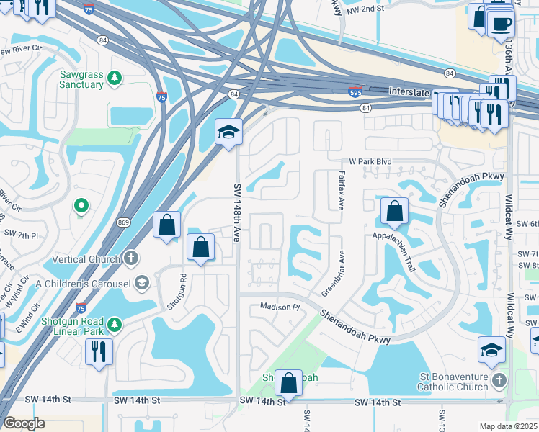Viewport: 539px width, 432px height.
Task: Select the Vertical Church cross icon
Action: (130, 258)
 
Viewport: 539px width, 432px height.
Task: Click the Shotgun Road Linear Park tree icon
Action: (114, 326)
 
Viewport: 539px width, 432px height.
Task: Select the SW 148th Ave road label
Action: (237, 213)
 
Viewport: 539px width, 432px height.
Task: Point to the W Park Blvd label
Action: (371, 162)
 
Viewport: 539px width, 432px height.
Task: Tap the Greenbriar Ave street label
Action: (334, 273)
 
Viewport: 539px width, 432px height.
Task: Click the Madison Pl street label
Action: (279, 307)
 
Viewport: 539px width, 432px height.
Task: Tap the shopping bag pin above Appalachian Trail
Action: (394, 212)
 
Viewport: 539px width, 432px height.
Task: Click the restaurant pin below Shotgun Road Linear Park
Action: (98, 352)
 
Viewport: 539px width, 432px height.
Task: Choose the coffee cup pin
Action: (500, 22)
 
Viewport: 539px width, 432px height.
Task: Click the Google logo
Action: (24, 423)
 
